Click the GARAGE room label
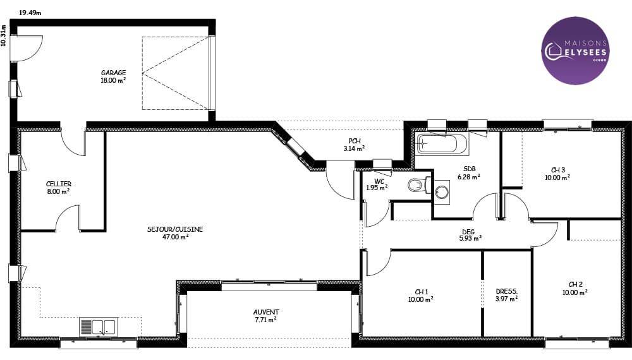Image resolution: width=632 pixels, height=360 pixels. click(113, 76)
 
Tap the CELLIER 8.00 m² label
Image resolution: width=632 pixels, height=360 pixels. click(58, 188)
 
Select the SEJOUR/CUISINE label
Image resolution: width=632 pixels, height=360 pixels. click(175, 233)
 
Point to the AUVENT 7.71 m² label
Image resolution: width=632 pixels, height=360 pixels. click(266, 316)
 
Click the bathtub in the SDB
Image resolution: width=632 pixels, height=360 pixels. click(443, 144)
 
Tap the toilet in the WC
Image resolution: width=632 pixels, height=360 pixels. click(419, 185)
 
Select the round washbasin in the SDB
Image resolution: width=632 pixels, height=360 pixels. click(442, 192)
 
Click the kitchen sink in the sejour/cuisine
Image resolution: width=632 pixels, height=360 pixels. click(99, 327)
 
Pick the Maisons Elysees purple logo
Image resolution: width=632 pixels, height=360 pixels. click(575, 51)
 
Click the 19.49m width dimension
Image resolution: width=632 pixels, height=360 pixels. click(30, 13)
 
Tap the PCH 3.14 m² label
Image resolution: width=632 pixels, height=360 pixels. click(355, 145)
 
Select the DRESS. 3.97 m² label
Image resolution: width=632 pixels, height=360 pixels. click(507, 295)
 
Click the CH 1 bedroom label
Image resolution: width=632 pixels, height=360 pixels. click(421, 296)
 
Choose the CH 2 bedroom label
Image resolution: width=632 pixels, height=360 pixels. click(575, 289)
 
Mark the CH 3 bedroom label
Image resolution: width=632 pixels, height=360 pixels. click(558, 174)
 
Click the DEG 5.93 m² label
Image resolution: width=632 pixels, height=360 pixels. click(470, 235)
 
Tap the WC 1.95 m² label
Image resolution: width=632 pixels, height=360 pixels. click(377, 184)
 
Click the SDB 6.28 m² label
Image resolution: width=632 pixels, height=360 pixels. click(469, 173)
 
